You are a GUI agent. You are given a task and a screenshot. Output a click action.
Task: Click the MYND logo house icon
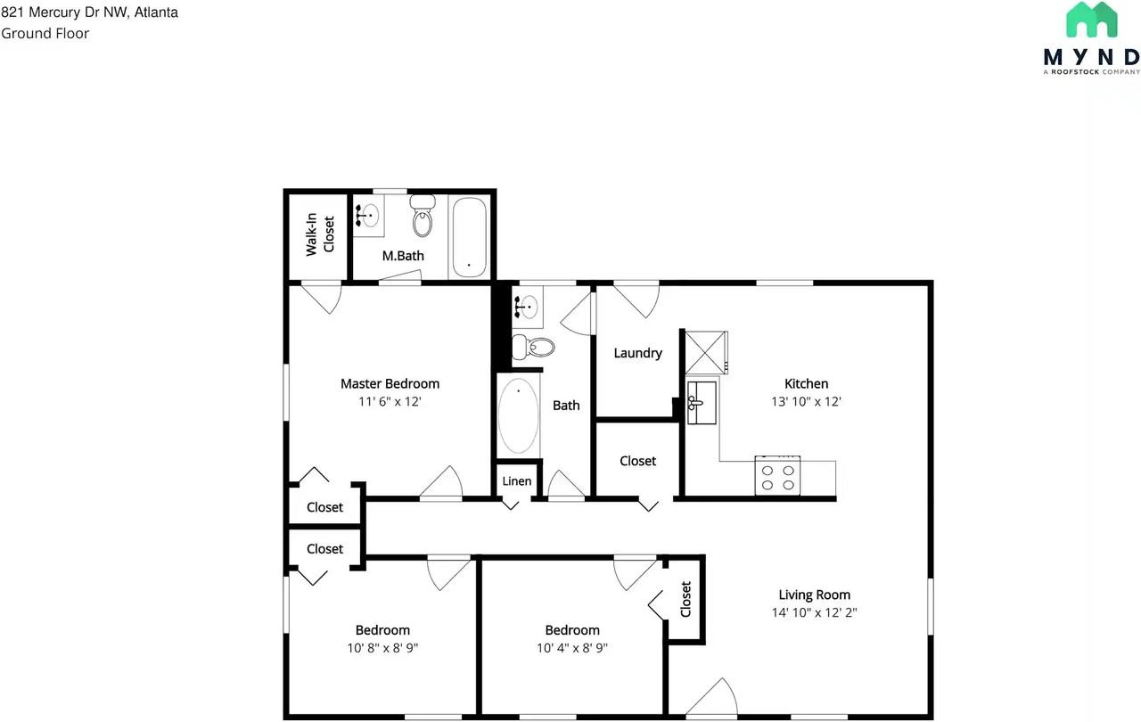[1092, 21]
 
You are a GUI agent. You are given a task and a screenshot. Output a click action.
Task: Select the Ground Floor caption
[45, 34]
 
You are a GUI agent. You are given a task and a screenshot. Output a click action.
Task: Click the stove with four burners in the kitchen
[777, 474]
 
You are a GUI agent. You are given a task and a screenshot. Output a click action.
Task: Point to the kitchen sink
[702, 402]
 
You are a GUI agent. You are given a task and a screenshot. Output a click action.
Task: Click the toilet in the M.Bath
[423, 217]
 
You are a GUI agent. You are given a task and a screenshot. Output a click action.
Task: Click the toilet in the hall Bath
[532, 346]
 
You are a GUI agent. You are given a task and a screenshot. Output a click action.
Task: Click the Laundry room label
[637, 353]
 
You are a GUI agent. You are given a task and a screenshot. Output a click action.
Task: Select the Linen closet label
[517, 481]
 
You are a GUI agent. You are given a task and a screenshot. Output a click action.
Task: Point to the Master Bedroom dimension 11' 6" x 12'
[390, 402]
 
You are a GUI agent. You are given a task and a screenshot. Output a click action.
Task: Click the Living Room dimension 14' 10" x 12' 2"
[814, 612]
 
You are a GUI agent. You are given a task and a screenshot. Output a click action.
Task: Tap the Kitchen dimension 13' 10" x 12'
[806, 402]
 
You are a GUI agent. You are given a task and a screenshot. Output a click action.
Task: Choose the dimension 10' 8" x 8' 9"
[382, 648]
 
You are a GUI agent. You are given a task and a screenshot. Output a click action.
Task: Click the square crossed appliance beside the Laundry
[705, 352]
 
